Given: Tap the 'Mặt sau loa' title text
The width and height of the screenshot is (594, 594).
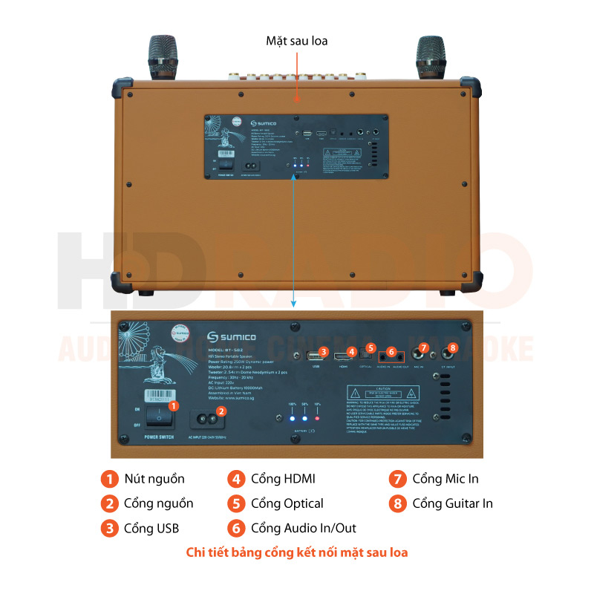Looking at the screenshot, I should click(296, 40).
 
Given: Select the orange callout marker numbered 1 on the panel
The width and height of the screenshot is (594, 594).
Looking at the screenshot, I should click(173, 406).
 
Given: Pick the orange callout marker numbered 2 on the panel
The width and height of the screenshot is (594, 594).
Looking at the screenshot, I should click(221, 411).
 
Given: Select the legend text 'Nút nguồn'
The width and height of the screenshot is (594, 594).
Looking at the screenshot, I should click(154, 479).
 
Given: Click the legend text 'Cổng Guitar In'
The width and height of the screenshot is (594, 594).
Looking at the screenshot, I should click(452, 503).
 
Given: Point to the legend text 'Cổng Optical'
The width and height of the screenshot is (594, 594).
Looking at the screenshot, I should click(287, 503).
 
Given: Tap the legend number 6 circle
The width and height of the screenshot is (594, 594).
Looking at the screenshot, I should click(236, 528).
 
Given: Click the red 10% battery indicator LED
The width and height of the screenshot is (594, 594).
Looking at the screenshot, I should click(318, 419).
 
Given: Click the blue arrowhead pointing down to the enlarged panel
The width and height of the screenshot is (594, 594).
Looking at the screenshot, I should click(295, 303).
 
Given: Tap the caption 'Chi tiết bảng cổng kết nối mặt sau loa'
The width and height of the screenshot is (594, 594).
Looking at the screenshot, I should click(297, 552).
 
